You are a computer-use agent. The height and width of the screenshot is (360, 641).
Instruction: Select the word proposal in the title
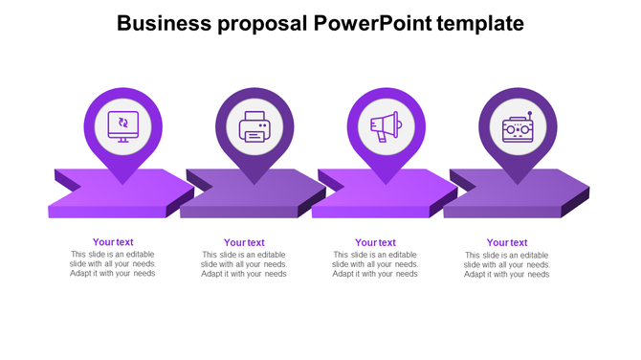coord(255,24)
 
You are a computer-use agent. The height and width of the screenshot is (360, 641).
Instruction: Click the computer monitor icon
coord(122,125)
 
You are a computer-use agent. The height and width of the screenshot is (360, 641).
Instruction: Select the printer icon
coord(254,126)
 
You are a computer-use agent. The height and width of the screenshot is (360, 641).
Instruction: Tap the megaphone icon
coord(385,125)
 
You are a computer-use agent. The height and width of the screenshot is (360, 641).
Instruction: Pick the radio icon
coord(518,127)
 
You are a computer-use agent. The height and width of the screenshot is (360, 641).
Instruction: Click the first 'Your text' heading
coord(113,242)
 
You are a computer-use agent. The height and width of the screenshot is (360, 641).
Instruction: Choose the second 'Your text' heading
coord(244,243)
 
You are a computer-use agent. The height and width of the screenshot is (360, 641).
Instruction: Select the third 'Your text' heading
coord(375,243)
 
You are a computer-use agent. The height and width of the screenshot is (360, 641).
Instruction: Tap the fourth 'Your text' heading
coord(507,243)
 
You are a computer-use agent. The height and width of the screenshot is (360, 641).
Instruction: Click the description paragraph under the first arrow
coord(113,263)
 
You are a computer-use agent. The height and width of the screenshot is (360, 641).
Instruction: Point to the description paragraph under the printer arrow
coord(244,264)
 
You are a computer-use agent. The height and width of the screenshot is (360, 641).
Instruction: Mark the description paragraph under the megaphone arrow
coord(375,264)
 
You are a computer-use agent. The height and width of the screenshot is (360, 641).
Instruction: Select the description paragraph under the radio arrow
coord(507,264)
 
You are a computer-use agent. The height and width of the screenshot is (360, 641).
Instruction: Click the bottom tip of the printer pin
coord(254,183)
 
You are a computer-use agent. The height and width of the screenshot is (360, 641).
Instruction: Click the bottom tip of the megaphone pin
coord(386,183)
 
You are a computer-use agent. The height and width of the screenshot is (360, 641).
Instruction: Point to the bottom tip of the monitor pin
coord(122,183)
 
